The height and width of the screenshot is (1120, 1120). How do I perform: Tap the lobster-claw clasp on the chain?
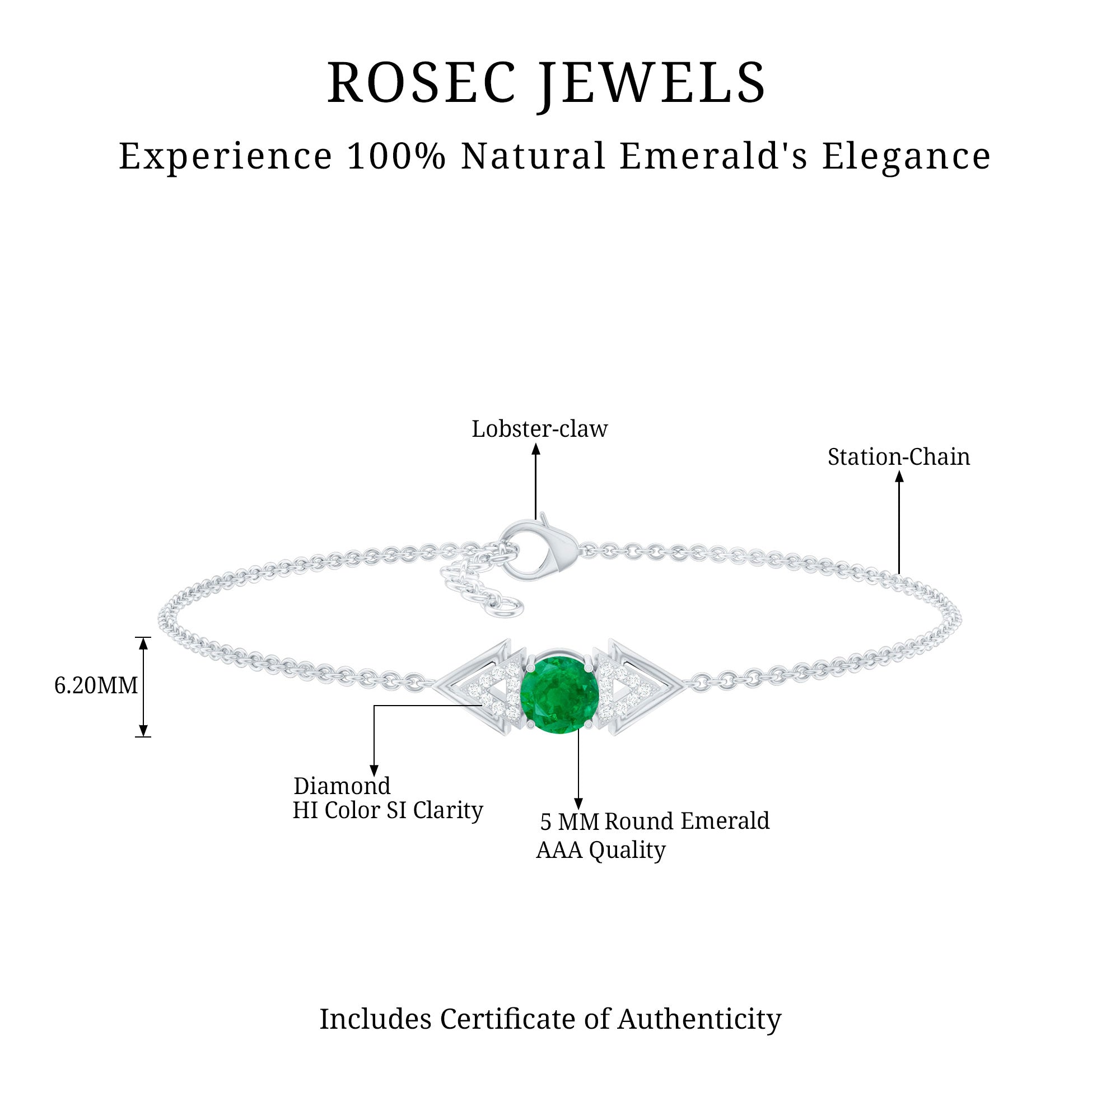point(539,548)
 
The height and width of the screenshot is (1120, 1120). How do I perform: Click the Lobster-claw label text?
point(539,430)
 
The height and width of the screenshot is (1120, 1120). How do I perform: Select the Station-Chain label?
point(898,458)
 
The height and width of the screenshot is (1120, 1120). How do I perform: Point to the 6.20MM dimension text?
point(96,686)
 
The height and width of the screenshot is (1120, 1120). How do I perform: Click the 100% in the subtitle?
point(396,157)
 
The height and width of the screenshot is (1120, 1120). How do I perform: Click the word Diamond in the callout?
point(342,787)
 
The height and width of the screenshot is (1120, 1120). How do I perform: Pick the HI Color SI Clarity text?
point(388,810)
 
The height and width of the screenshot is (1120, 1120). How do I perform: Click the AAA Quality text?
point(600,850)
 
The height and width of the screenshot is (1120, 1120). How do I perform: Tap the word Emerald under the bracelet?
point(725,822)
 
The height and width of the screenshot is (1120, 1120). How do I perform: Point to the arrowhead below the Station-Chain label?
point(899,477)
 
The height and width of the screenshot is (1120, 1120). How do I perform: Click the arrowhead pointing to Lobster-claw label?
point(536,449)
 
